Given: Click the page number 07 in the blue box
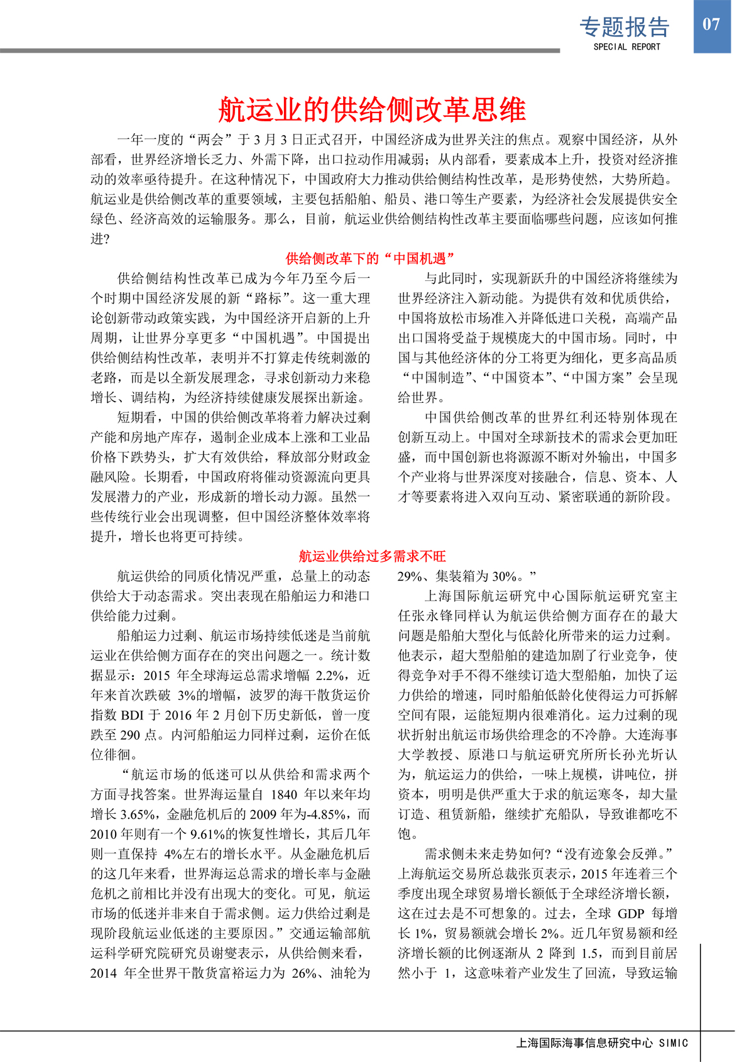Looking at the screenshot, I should point(711,25).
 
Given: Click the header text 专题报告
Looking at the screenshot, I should point(624,26).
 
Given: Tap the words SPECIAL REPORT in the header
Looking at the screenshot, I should point(626,47).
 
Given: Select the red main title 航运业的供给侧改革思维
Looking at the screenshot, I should point(372,109).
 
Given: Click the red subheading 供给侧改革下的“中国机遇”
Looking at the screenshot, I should point(370,258).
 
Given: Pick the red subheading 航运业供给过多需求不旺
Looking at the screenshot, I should point(372,556).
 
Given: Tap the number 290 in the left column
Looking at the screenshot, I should point(130,735).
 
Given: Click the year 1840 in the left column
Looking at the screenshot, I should point(286,795).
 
